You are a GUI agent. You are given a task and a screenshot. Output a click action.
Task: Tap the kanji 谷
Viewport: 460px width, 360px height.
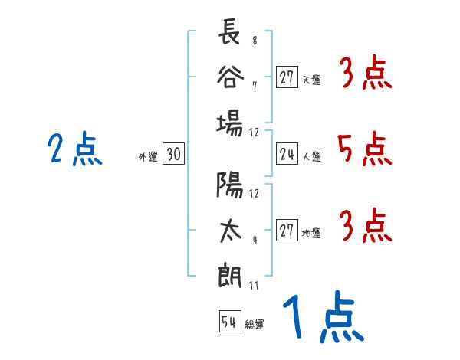tap(230, 78)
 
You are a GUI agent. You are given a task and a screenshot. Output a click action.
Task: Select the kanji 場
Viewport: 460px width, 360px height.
tap(230, 122)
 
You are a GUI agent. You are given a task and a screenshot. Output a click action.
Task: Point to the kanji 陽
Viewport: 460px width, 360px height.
tap(230, 185)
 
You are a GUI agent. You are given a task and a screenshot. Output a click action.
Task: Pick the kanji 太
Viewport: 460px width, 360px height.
tap(230, 228)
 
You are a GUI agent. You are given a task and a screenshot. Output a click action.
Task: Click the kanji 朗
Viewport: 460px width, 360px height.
tap(230, 274)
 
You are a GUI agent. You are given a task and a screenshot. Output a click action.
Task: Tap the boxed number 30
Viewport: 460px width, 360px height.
tap(173, 155)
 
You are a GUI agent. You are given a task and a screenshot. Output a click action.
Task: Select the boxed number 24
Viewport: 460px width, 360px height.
tap(287, 155)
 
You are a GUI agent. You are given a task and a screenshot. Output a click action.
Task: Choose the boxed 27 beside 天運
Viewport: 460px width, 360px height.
tap(287, 77)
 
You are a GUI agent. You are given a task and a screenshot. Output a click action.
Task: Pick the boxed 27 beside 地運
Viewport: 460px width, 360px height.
tap(287, 231)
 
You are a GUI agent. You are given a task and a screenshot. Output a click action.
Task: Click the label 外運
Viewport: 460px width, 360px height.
tap(148, 157)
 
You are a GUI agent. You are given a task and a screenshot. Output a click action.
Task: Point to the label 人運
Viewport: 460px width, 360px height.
tap(311, 157)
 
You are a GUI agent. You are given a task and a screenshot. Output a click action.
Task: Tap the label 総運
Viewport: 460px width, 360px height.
tap(255, 324)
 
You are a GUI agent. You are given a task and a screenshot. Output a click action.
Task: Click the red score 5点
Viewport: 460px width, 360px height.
tap(365, 149)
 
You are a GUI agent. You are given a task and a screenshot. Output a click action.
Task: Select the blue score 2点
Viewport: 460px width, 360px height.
tap(74, 149)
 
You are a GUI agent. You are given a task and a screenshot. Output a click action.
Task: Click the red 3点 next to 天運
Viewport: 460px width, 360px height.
tap(365, 74)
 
